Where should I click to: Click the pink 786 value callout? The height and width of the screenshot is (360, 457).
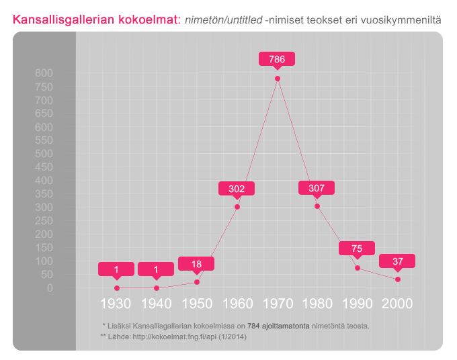277,59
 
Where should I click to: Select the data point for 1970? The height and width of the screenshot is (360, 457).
278,79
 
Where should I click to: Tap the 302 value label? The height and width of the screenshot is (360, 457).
237,189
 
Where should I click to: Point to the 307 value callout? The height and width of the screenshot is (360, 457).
317,188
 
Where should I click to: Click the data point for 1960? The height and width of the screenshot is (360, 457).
237,207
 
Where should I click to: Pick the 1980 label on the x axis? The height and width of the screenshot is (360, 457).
317,304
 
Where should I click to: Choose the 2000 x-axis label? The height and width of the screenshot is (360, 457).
397,304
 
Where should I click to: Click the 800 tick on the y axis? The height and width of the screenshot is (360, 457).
44,73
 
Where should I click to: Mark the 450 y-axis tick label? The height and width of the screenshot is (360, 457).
44,167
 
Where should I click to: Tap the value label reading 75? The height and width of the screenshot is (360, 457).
357,249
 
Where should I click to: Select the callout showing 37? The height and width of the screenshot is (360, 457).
397,261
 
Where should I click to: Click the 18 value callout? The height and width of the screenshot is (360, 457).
196,264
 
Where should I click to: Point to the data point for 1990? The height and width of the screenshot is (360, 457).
358,268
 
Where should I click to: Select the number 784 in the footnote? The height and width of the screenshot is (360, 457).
254,326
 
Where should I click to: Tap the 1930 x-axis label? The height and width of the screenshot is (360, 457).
116,304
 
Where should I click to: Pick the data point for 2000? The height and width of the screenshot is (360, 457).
398,279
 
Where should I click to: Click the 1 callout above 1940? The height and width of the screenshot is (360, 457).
156,269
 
